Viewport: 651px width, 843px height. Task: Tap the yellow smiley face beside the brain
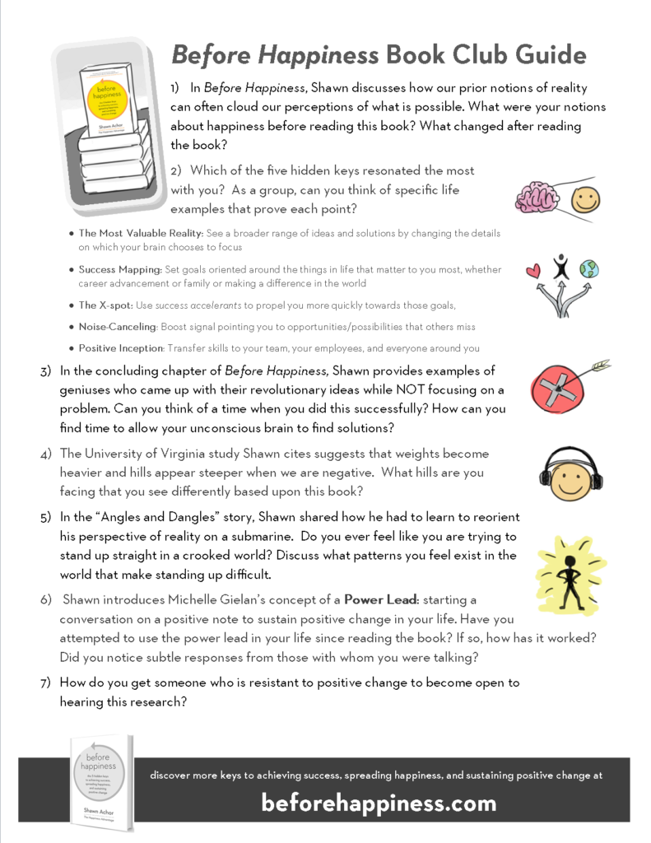click(x=585, y=199)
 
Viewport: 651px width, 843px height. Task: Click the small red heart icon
click(x=533, y=270)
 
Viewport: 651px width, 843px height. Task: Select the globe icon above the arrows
click(x=588, y=269)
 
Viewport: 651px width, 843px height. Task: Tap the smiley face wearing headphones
click(x=570, y=473)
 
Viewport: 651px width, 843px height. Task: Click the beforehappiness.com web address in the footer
click(x=379, y=802)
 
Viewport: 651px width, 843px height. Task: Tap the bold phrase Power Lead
click(x=379, y=598)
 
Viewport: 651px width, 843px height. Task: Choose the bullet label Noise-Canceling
click(x=117, y=327)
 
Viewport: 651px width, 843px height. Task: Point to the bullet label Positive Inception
click(x=120, y=348)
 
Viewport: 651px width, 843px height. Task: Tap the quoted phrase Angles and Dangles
click(x=156, y=517)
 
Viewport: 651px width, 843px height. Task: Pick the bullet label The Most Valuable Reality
click(x=141, y=233)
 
